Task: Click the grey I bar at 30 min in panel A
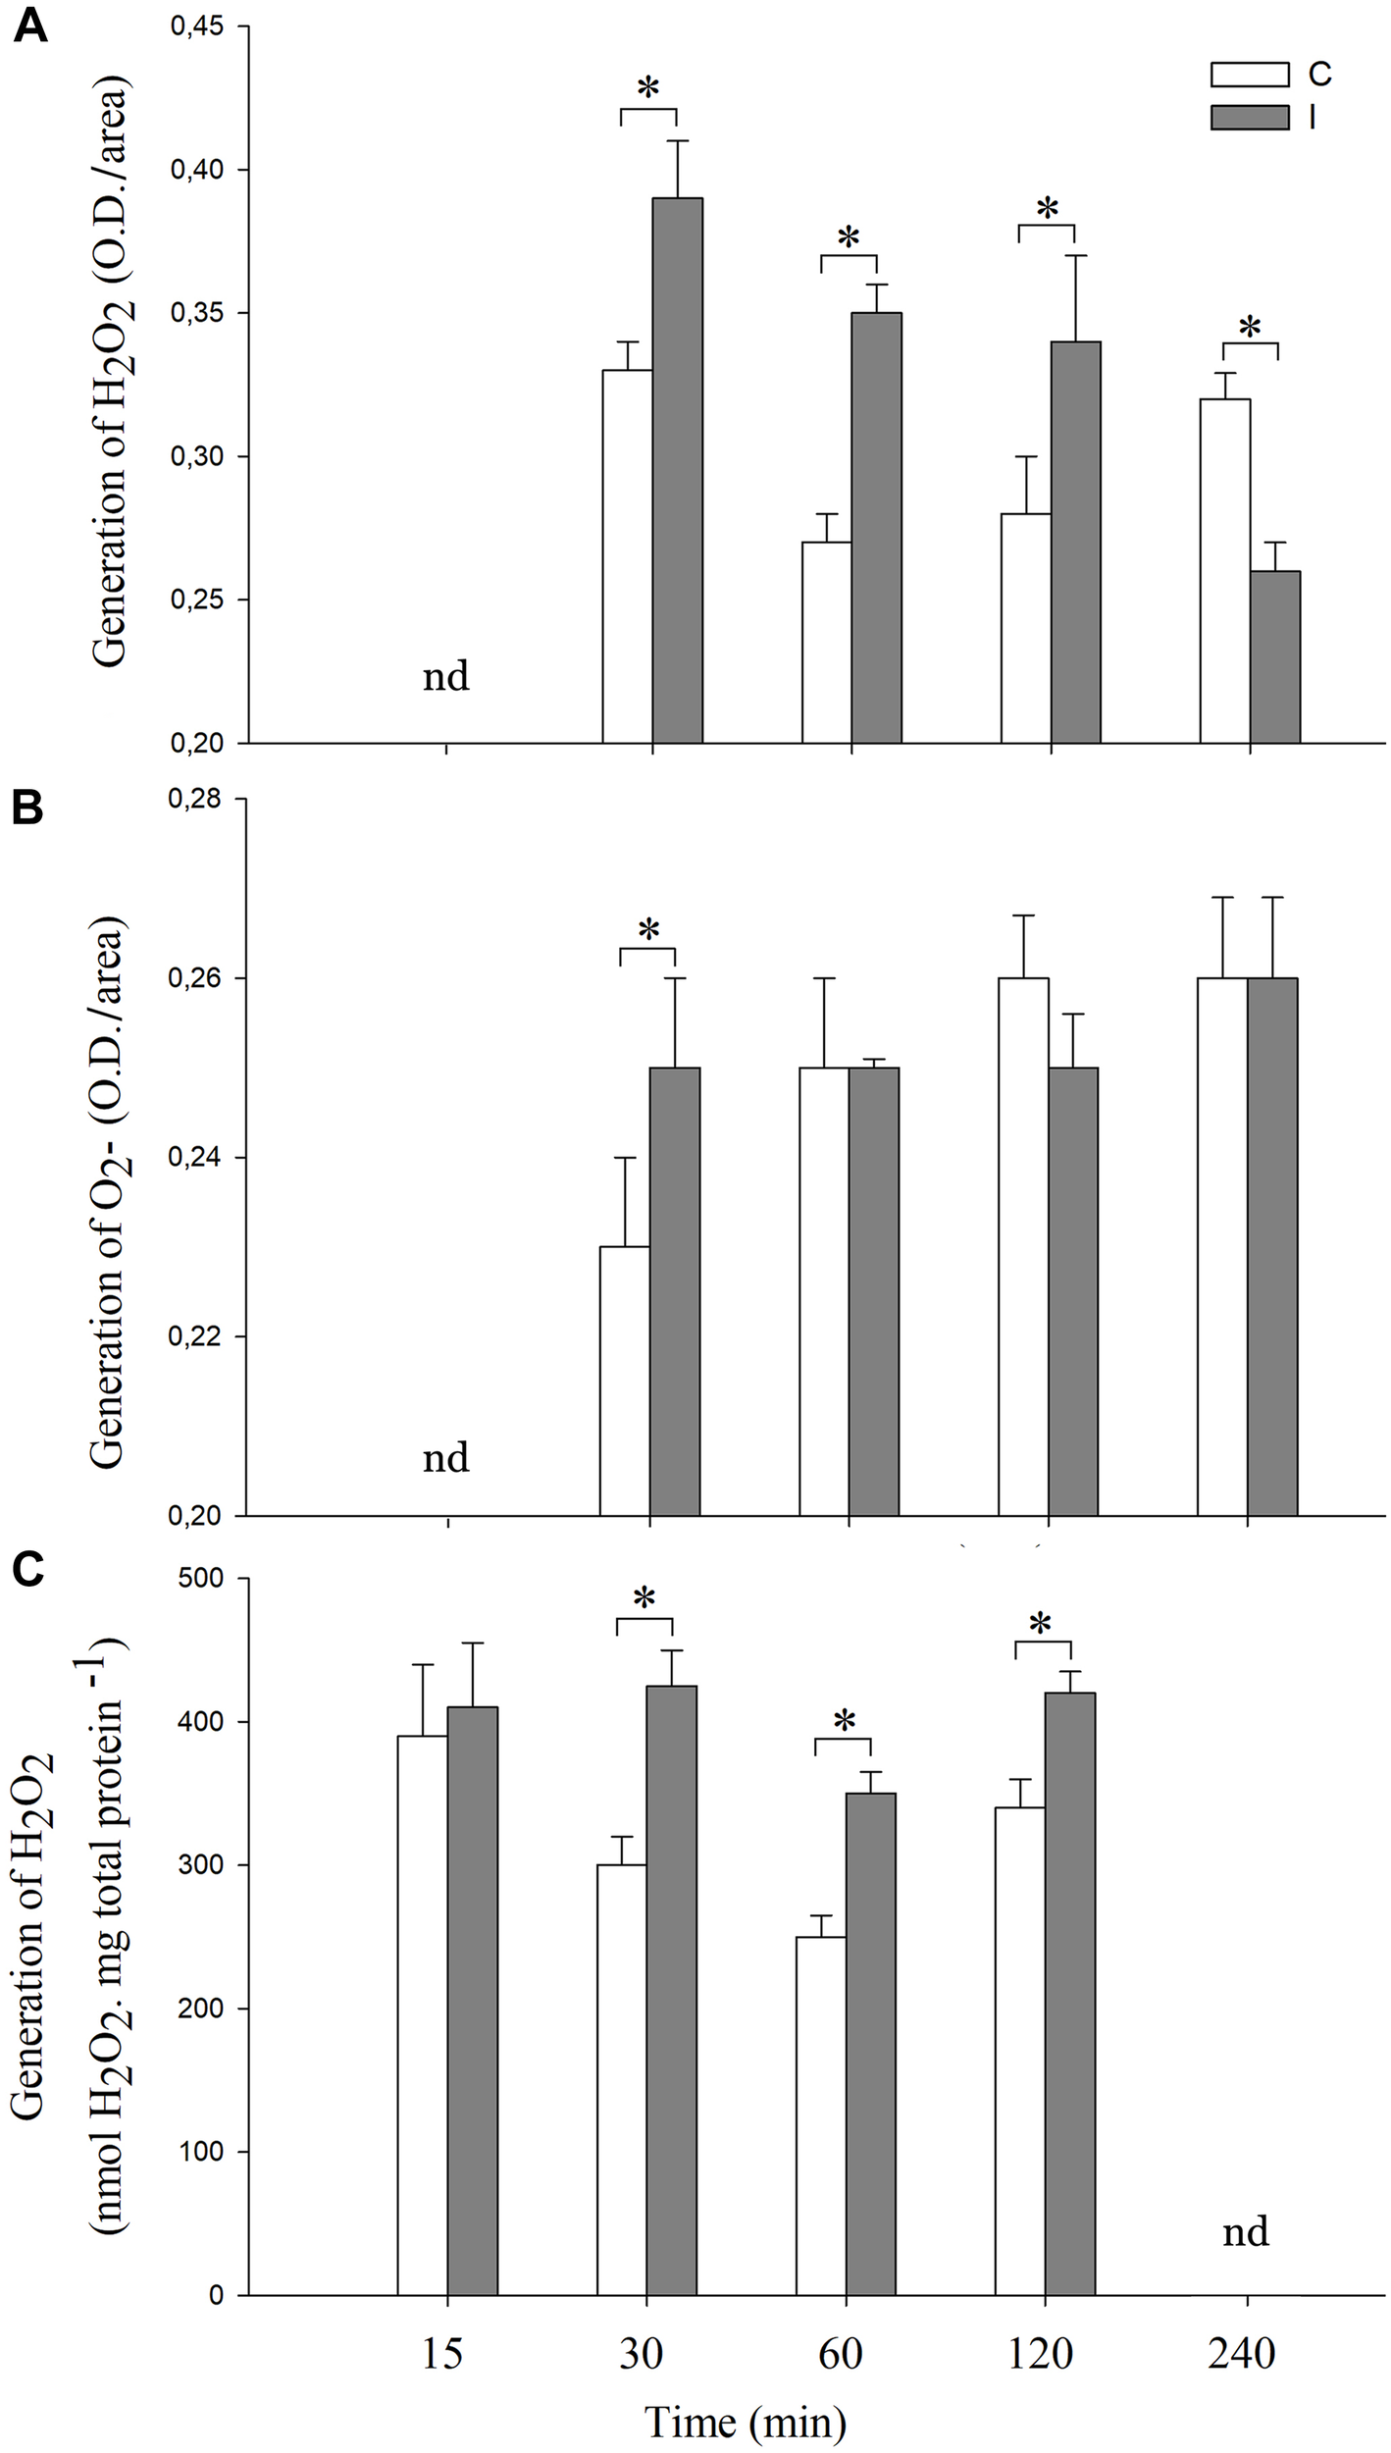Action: (678, 471)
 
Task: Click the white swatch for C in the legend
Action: (1249, 75)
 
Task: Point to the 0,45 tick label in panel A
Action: (197, 27)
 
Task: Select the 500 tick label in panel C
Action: (205, 1579)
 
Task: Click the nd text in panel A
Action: (446, 677)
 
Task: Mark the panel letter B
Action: (27, 809)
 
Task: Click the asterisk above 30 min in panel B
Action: (648, 929)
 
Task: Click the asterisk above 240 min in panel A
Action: (1250, 328)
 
